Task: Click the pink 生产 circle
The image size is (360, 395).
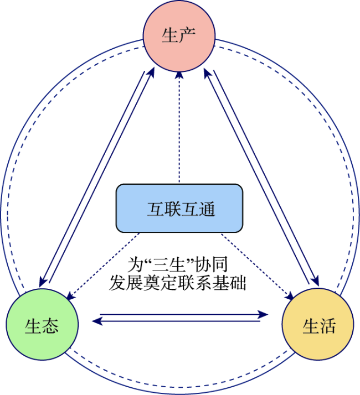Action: (179, 36)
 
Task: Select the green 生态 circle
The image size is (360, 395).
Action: (42, 324)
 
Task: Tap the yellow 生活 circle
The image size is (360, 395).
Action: (318, 324)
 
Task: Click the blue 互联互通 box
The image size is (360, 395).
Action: (179, 208)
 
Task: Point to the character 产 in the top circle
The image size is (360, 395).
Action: (187, 36)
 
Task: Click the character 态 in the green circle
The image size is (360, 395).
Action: (50, 326)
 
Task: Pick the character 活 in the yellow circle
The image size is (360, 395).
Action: (327, 326)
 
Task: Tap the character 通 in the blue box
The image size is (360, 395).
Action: (207, 209)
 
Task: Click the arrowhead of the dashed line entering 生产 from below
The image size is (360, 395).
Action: (179, 75)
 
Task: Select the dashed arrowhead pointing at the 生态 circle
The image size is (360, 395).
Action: (71, 297)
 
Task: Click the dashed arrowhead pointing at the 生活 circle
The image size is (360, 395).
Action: (289, 296)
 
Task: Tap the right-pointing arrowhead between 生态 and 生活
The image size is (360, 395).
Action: (264, 314)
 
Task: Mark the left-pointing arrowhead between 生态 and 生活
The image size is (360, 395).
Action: (97, 321)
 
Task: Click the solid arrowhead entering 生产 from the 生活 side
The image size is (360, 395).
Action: (207, 74)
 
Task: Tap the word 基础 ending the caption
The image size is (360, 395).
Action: (229, 283)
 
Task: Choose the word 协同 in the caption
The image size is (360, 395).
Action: (212, 265)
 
